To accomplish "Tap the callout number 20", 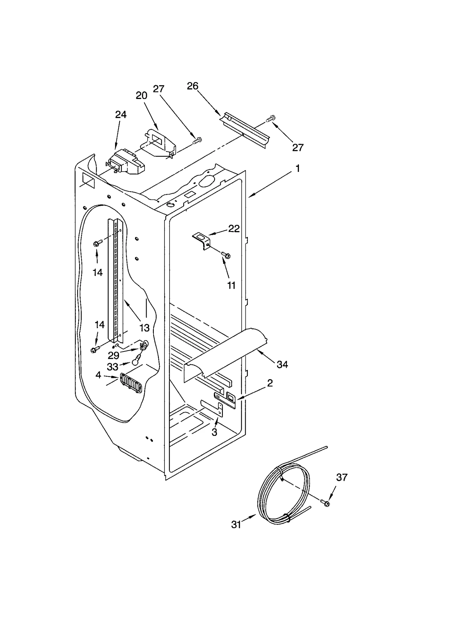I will (142, 95).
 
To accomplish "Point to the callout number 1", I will (297, 169).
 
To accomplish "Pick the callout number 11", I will (231, 285).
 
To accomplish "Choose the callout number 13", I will (145, 328).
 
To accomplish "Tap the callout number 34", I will (282, 365).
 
